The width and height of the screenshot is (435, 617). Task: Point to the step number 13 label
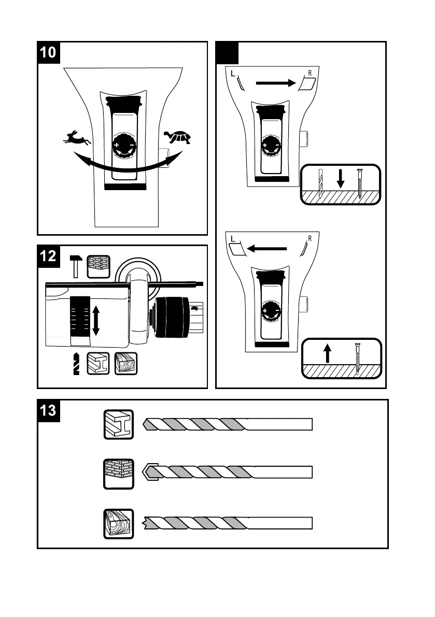click(x=50, y=411)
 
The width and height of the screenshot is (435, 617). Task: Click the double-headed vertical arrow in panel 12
click(x=96, y=321)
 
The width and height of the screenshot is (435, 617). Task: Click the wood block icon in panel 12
click(x=125, y=364)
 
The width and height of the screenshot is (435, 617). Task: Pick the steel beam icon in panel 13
click(x=119, y=424)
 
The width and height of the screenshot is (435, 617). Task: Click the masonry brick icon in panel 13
click(x=119, y=473)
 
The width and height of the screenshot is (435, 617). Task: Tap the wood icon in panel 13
click(x=119, y=523)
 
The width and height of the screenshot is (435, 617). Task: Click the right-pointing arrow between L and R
click(x=275, y=82)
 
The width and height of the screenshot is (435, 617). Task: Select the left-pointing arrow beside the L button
click(x=266, y=249)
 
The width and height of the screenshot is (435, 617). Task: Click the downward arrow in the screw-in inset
click(x=341, y=179)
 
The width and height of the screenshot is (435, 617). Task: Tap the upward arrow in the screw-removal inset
click(x=327, y=354)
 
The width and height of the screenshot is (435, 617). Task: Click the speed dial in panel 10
click(x=123, y=148)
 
